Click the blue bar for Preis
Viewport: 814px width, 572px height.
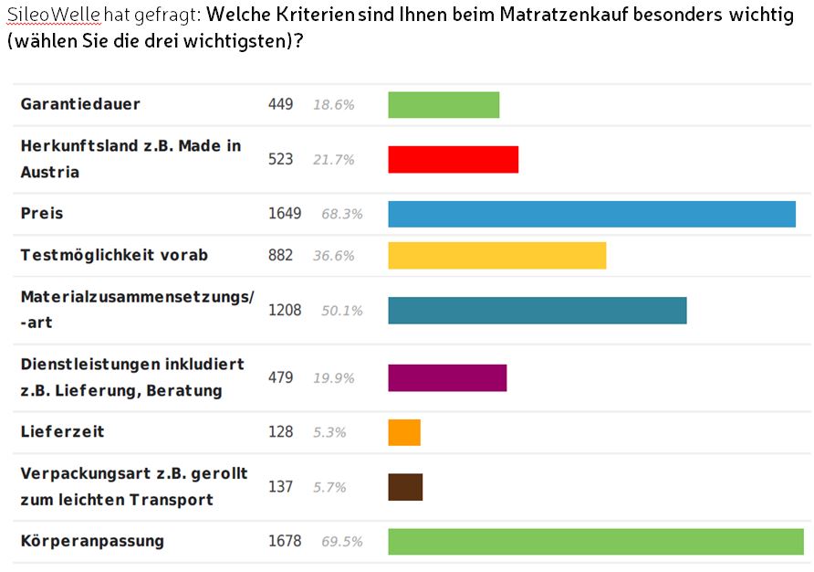(x=591, y=214)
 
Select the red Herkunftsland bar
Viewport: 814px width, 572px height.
(x=453, y=159)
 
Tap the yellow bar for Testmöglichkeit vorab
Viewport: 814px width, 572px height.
(x=496, y=255)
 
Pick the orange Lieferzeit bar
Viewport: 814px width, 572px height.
(x=404, y=432)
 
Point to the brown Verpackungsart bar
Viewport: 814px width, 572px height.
(x=405, y=487)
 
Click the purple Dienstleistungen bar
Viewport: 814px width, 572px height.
(x=447, y=377)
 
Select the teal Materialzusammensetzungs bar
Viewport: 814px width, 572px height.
(x=537, y=311)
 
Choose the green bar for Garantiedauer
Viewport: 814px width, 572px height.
(x=444, y=104)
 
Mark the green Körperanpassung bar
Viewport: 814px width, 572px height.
(x=595, y=541)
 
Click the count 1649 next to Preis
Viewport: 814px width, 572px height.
(x=285, y=214)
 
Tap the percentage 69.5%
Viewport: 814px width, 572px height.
(x=341, y=542)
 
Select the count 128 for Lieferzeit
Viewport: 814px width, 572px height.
(x=280, y=432)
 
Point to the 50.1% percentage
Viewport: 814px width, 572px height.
(x=341, y=311)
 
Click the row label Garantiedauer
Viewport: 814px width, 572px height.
(x=80, y=104)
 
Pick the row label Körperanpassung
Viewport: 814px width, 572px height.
(x=92, y=541)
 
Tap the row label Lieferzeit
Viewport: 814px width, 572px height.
(x=63, y=431)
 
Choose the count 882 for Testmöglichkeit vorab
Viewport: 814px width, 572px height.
(x=280, y=255)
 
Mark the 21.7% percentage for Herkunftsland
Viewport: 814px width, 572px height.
(x=333, y=159)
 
